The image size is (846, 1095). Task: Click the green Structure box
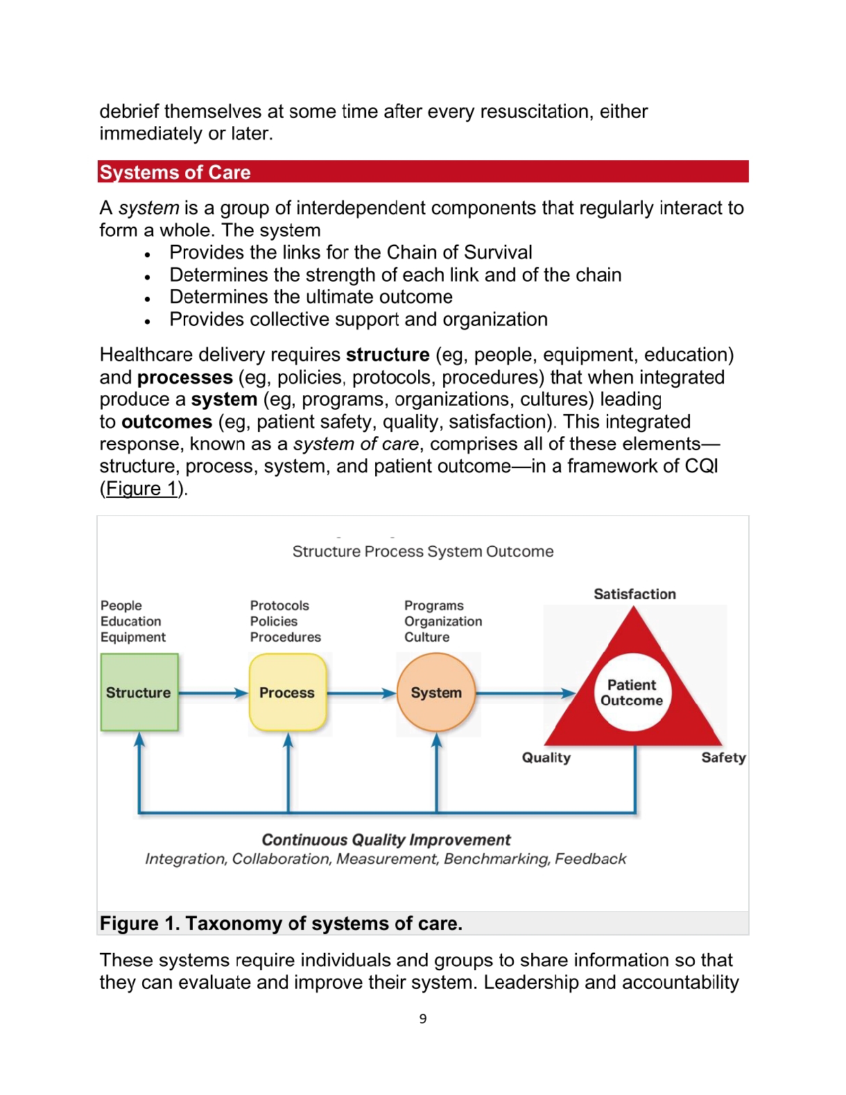pos(139,692)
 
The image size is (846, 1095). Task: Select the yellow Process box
pos(287,692)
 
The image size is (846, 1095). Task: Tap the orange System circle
pos(436,692)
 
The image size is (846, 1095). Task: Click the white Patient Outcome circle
pos(632,692)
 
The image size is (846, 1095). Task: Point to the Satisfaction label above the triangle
pos(634,594)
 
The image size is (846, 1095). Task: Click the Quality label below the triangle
pos(546,757)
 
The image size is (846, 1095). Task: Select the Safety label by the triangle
pos(723,757)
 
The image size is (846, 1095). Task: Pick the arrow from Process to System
pos(361,693)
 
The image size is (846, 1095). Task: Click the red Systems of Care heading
pos(175,172)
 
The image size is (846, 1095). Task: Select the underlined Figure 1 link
pos(143,488)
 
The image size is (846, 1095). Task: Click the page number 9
pos(423,1018)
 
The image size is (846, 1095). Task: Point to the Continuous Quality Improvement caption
pos(386,840)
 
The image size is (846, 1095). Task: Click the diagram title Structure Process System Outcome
pos(423,551)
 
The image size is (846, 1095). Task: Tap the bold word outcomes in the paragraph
pos(166,422)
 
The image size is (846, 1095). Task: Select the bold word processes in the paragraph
pos(185,377)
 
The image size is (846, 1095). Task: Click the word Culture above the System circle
pos(427,637)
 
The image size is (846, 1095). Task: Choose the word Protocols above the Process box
pos(279,605)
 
